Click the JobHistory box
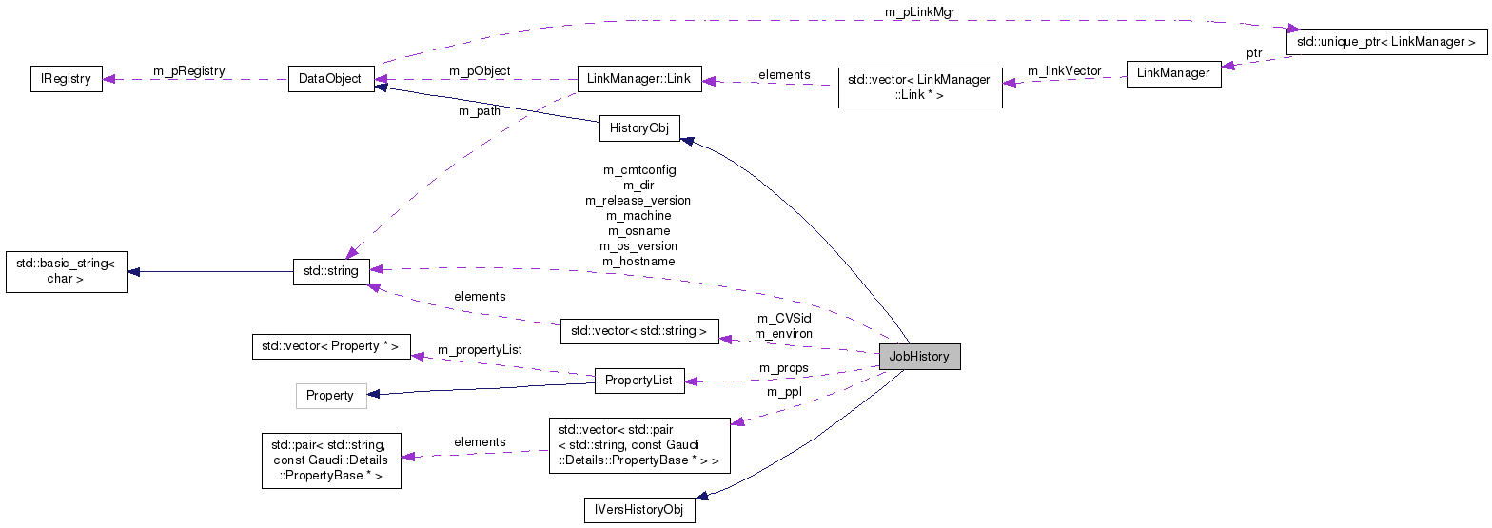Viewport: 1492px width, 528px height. click(919, 357)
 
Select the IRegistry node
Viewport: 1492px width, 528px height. click(66, 79)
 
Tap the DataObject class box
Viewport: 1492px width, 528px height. click(330, 79)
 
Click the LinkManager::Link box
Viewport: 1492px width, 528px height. click(639, 79)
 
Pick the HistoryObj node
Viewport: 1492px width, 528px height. click(639, 128)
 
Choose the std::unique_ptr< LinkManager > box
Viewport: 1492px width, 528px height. click(1385, 42)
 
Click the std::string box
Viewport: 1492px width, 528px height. click(330, 271)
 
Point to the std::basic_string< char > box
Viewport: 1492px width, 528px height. click(66, 271)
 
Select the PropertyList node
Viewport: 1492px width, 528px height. click(638, 381)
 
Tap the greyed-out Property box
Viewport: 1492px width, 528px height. click(330, 395)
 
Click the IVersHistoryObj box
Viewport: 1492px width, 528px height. click(639, 510)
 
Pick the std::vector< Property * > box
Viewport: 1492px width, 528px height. click(330, 346)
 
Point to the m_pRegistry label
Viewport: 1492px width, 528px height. click(189, 70)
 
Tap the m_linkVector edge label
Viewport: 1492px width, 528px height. click(1064, 71)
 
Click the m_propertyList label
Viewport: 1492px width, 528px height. click(480, 350)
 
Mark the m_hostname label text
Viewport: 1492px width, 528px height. click(638, 261)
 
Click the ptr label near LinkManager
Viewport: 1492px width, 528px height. click(1254, 52)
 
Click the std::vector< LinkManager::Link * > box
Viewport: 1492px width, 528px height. click(920, 88)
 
